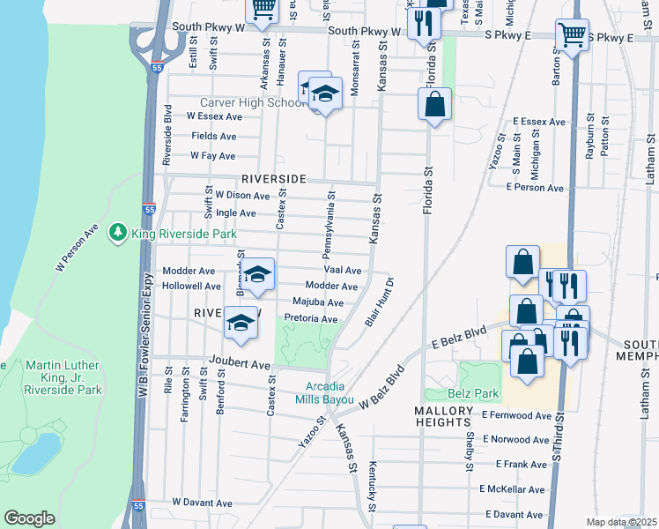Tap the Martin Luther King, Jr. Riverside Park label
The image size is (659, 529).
coord(63,377)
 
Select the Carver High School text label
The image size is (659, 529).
coord(251,102)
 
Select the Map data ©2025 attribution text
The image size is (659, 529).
coord(621,522)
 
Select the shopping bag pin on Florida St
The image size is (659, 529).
coord(434,105)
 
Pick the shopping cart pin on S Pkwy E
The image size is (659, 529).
coord(572,36)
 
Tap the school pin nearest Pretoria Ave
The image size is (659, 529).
coord(241,322)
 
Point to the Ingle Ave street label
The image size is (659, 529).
coord(236,213)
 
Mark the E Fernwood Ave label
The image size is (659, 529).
coord(515,415)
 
